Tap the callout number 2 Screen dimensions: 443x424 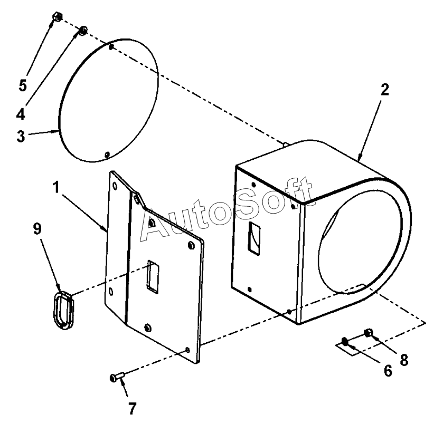(384, 90)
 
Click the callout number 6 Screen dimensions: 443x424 (388, 371)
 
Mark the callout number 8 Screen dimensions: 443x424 (404, 361)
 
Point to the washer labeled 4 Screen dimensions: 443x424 (83, 31)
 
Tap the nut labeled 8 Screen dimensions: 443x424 (369, 332)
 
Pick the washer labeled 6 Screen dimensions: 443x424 (345, 342)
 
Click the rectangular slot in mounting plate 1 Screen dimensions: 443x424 (154, 276)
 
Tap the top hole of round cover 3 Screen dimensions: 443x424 (111, 47)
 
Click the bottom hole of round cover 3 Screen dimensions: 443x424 (107, 154)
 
